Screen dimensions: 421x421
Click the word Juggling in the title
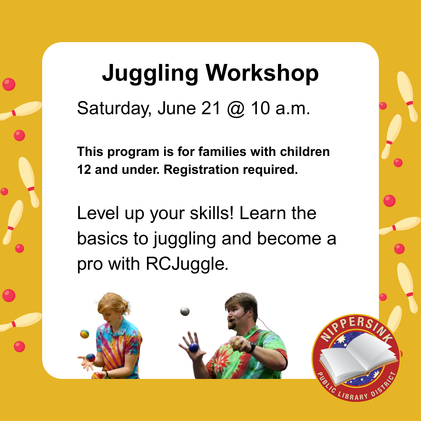(150, 74)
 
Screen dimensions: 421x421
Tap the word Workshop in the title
(262, 73)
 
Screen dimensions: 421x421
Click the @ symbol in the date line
(236, 109)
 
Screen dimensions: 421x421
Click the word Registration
(201, 170)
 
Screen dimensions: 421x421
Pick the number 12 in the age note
(84, 170)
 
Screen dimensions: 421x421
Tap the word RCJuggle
(187, 264)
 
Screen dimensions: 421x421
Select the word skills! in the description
(212, 213)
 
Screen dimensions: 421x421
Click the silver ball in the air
(185, 311)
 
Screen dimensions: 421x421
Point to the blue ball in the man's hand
(193, 347)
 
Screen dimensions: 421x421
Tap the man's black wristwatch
(252, 347)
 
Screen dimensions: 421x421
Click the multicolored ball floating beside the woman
(85, 334)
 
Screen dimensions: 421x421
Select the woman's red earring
(120, 318)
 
